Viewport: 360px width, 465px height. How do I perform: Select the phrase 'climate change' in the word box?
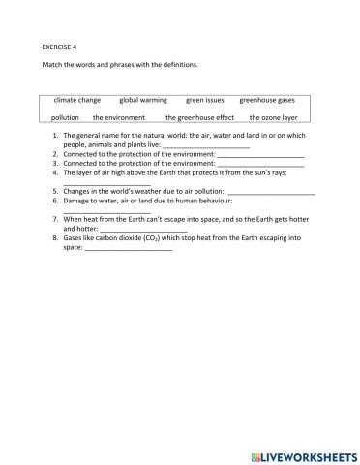point(76,99)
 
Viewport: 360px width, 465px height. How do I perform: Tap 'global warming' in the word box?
point(142,99)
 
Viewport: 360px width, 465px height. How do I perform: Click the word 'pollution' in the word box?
point(66,117)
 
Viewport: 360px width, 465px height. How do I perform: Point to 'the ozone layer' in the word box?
point(273,117)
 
